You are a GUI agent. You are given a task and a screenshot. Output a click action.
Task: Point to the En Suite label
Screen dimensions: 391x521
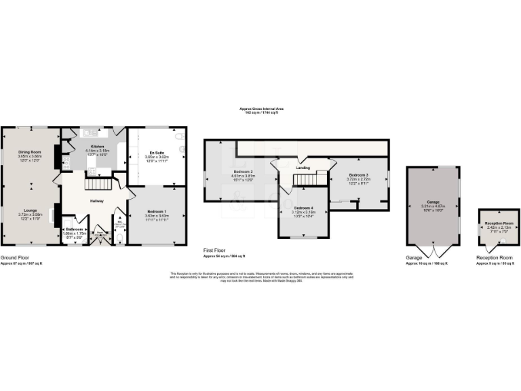click(157, 152)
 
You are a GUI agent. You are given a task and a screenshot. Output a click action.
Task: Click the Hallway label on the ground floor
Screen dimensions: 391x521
click(97, 200)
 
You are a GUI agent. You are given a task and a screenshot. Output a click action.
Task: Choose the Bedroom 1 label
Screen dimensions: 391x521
click(157, 212)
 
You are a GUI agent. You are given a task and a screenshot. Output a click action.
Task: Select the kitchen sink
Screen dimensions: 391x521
click(87, 134)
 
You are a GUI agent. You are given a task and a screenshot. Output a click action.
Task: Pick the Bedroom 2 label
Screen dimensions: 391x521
click(243, 171)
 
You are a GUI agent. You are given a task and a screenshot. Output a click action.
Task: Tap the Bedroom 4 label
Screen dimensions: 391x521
click(303, 208)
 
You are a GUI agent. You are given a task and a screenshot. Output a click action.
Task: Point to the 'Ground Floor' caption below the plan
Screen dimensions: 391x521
click(16, 257)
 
